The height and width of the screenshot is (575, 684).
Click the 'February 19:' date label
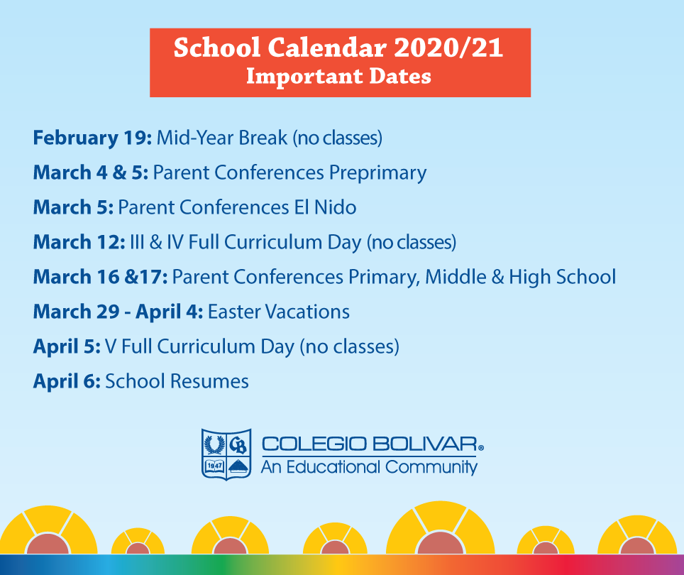pyautogui.click(x=92, y=138)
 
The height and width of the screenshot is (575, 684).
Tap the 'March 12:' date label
pyautogui.click(x=79, y=242)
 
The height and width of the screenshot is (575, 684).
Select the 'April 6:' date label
pyautogui.click(x=67, y=382)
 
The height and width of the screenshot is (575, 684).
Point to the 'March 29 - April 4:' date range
pyautogui.click(x=118, y=312)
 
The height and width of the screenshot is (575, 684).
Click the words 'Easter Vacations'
pyautogui.click(x=279, y=312)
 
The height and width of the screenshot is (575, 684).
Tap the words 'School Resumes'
pyautogui.click(x=177, y=381)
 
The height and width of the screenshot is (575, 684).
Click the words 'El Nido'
pyautogui.click(x=325, y=207)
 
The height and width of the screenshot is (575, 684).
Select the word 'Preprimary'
pyautogui.click(x=377, y=173)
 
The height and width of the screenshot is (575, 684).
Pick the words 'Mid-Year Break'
pyautogui.click(x=222, y=138)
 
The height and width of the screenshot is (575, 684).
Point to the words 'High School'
pyautogui.click(x=562, y=277)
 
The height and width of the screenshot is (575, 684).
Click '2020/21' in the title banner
pyautogui.click(x=448, y=48)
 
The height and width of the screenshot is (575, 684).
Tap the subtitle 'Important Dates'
pyautogui.click(x=339, y=77)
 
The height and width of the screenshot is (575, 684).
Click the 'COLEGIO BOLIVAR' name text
pyautogui.click(x=370, y=444)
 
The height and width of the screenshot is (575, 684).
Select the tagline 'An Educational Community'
pyautogui.click(x=369, y=467)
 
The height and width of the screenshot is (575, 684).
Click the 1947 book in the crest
pyautogui.click(x=214, y=466)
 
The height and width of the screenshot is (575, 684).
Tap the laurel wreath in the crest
pyautogui.click(x=214, y=444)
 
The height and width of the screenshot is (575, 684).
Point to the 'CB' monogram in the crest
pyautogui.click(x=238, y=445)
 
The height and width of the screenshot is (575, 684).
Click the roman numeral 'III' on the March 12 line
pyautogui.click(x=137, y=242)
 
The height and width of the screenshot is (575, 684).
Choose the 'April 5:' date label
pyautogui.click(x=67, y=347)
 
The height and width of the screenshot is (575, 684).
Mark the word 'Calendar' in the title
pyautogui.click(x=327, y=48)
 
